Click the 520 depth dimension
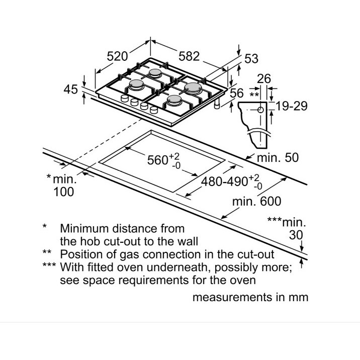click(117, 56)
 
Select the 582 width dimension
click(189, 56)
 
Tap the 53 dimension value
click(251, 58)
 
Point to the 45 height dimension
click(71, 89)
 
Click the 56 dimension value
click(236, 93)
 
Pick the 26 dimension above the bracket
click(264, 79)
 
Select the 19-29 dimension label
click(291, 106)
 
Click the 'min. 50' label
click(278, 158)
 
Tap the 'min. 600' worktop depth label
click(257, 201)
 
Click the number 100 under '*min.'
click(63, 192)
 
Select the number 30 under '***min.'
click(296, 235)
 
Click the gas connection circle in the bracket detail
click(260, 110)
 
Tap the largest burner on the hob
click(193, 88)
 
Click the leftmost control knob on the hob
click(125, 98)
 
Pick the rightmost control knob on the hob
click(154, 110)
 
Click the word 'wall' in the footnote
click(189, 241)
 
